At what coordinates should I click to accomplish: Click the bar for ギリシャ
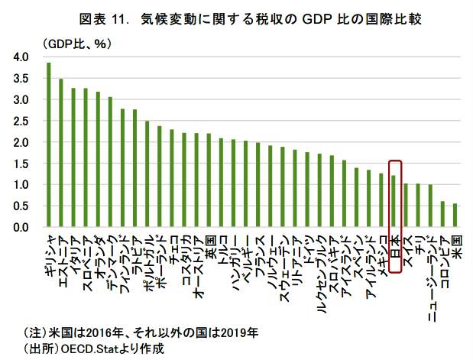[x=49, y=145]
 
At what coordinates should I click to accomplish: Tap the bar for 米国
[x=456, y=216]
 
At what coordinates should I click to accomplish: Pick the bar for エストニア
[x=61, y=153]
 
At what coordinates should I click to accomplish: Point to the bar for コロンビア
[x=443, y=214]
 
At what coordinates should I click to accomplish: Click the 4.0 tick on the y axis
[x=21, y=57]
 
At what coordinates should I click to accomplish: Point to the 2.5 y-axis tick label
[x=21, y=122]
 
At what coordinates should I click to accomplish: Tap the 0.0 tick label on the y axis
[x=21, y=228]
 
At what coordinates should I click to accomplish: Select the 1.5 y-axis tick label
[x=21, y=164]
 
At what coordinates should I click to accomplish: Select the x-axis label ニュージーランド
[x=431, y=275]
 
